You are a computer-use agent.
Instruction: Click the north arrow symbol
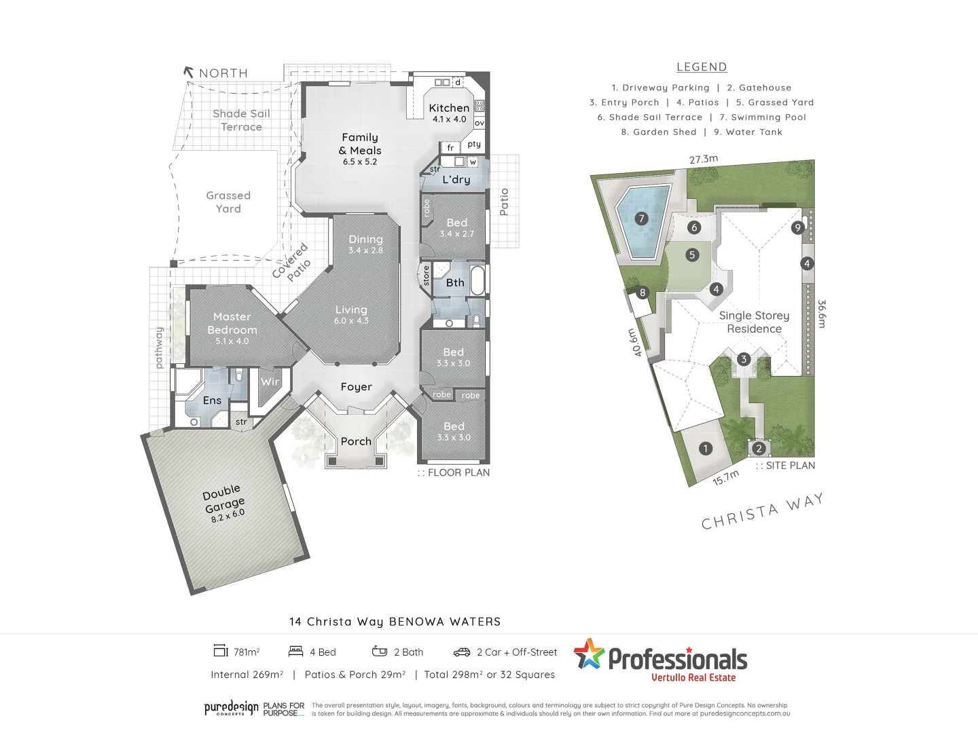click(x=189, y=71)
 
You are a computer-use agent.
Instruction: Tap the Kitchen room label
click(x=449, y=108)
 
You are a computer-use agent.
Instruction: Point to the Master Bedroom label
click(x=232, y=323)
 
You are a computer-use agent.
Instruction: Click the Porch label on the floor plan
click(x=356, y=441)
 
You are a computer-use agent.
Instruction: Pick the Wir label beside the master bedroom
click(x=270, y=381)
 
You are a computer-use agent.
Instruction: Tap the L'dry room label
click(x=456, y=179)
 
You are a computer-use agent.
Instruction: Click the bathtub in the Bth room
click(x=477, y=280)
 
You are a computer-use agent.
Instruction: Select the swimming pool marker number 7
click(x=641, y=219)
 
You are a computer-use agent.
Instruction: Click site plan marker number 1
click(x=706, y=449)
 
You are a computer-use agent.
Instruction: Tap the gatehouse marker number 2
click(x=759, y=449)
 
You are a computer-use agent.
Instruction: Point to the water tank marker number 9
click(x=798, y=228)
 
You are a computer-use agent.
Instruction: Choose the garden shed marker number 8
click(x=642, y=293)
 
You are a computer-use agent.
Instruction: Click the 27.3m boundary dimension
click(x=704, y=159)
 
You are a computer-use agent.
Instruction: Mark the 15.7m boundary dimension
click(x=726, y=478)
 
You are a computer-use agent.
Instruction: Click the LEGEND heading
click(x=702, y=67)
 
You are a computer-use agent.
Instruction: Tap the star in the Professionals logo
click(x=589, y=654)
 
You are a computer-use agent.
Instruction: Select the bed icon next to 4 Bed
click(x=295, y=652)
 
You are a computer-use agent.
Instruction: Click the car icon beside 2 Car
click(x=462, y=652)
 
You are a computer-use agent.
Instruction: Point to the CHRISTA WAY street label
click(x=762, y=512)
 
